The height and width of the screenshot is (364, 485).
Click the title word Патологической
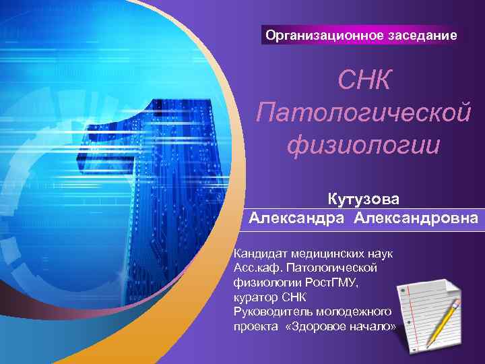point(364,113)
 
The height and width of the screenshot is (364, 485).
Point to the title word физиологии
point(364,144)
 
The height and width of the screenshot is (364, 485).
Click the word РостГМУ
point(332,283)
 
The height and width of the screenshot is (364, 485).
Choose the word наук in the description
point(381,253)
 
